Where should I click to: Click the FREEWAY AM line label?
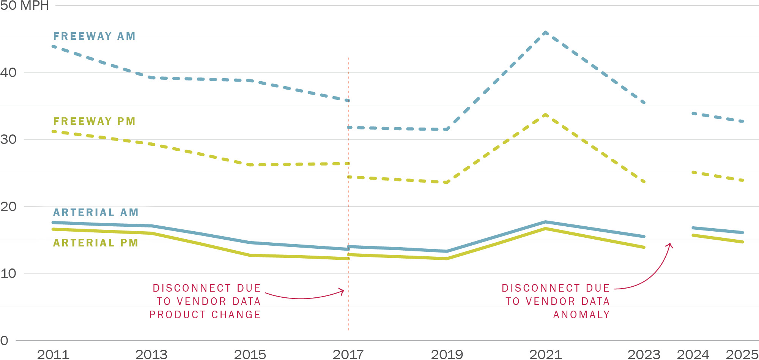[x=94, y=36]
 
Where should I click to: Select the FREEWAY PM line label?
[x=94, y=121]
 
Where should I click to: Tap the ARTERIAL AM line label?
[x=96, y=212]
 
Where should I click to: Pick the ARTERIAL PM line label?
[x=96, y=243]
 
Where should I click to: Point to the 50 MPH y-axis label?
[x=24, y=6]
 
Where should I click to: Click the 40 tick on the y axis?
[x=8, y=73]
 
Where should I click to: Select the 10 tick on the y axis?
[x=8, y=273]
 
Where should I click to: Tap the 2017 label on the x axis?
[x=348, y=354]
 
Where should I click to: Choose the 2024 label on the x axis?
[x=693, y=354]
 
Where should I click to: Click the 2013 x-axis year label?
[x=151, y=354]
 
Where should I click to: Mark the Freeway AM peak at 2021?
[x=545, y=33]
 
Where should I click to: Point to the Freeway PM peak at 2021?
[x=545, y=114]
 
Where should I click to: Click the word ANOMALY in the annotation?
[x=581, y=314]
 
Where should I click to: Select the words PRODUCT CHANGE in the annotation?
[x=205, y=314]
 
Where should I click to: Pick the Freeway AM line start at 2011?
[x=54, y=46]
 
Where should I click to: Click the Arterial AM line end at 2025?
[x=742, y=232]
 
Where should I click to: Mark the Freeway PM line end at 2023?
[x=644, y=182]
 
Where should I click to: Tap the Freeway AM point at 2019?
[x=447, y=129]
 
